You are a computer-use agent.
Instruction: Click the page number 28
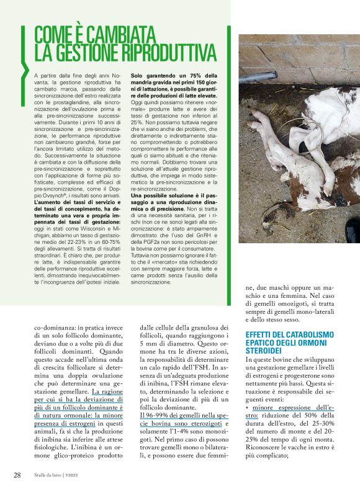coord(18,475)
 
